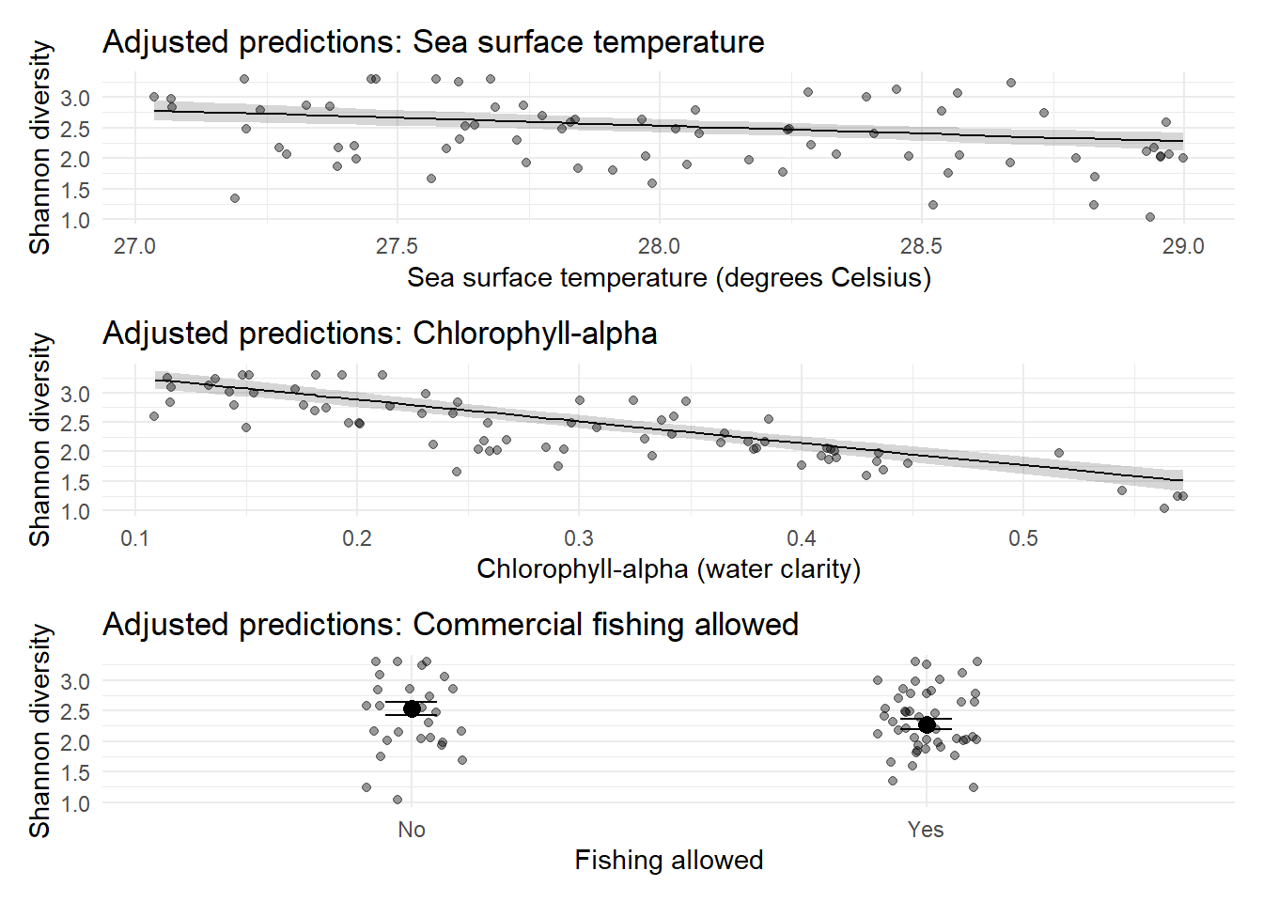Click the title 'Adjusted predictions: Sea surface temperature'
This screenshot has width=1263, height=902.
pyautogui.click(x=433, y=42)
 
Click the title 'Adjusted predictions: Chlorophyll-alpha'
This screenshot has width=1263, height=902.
pyautogui.click(x=380, y=334)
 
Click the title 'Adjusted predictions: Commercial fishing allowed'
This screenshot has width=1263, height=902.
pyautogui.click(x=450, y=625)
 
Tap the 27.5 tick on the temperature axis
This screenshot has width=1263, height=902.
pyautogui.click(x=397, y=247)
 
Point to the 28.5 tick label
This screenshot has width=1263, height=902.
pyautogui.click(x=921, y=247)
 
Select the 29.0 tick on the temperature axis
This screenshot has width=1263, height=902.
pyautogui.click(x=1182, y=247)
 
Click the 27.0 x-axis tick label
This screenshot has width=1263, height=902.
pyautogui.click(x=134, y=247)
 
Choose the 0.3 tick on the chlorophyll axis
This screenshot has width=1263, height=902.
pyautogui.click(x=579, y=538)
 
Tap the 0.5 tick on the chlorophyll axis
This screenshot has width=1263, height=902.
pyautogui.click(x=1023, y=538)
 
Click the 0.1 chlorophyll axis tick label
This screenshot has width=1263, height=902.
pyautogui.click(x=134, y=538)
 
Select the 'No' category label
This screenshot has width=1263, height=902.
pyautogui.click(x=412, y=830)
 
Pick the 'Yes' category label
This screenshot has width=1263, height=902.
pyautogui.click(x=926, y=830)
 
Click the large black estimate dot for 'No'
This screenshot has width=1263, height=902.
pyautogui.click(x=412, y=708)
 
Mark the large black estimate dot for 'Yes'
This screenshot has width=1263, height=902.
pyautogui.click(x=927, y=724)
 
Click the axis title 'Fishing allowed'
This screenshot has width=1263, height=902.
pyautogui.click(x=668, y=861)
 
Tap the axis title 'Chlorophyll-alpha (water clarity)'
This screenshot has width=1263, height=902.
pyautogui.click(x=668, y=569)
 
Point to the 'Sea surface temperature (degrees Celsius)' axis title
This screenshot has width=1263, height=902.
pyautogui.click(x=668, y=278)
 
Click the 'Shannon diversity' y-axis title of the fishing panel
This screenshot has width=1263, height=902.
pyautogui.click(x=39, y=731)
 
